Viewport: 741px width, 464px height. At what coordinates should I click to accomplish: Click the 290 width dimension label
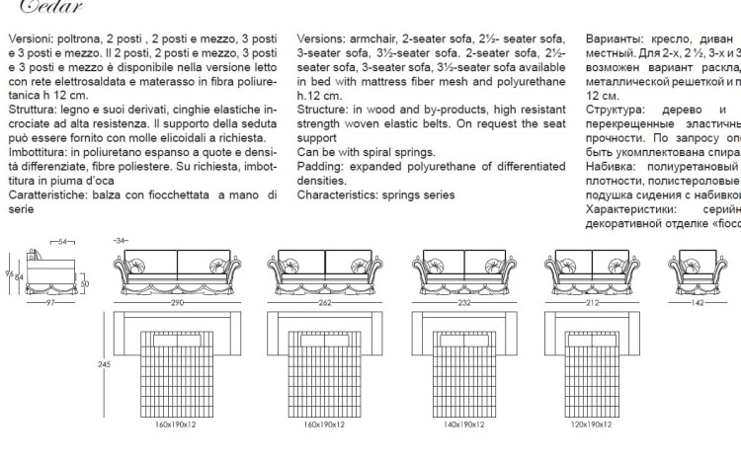pyautogui.click(x=178, y=302)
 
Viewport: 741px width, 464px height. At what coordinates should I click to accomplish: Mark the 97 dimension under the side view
pyautogui.click(x=49, y=302)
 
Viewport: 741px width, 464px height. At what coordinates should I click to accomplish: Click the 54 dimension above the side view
pyautogui.click(x=62, y=241)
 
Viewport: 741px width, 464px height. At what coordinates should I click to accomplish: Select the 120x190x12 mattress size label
pyautogui.click(x=593, y=425)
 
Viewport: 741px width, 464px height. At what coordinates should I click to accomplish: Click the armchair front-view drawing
pyautogui.click(x=704, y=270)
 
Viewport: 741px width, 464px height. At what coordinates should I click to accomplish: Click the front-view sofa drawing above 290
pyautogui.click(x=178, y=270)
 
